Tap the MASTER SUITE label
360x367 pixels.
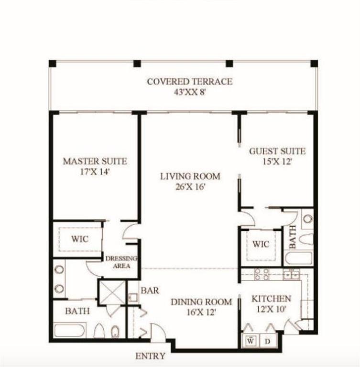(95, 166)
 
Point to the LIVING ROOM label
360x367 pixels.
(190, 181)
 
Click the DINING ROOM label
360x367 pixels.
(201, 306)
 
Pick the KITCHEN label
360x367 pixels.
(271, 303)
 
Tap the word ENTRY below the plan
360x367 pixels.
(151, 356)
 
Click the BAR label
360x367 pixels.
(150, 290)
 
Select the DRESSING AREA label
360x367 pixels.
(121, 262)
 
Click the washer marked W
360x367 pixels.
(251, 341)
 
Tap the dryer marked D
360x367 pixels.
(268, 341)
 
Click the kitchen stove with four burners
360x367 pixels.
(261, 274)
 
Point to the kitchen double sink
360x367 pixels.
(291, 274)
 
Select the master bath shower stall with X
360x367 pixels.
(112, 292)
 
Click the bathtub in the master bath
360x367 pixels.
(70, 330)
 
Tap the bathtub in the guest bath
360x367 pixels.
(298, 258)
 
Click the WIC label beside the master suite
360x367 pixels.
(80, 239)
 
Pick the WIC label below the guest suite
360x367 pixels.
(261, 244)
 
